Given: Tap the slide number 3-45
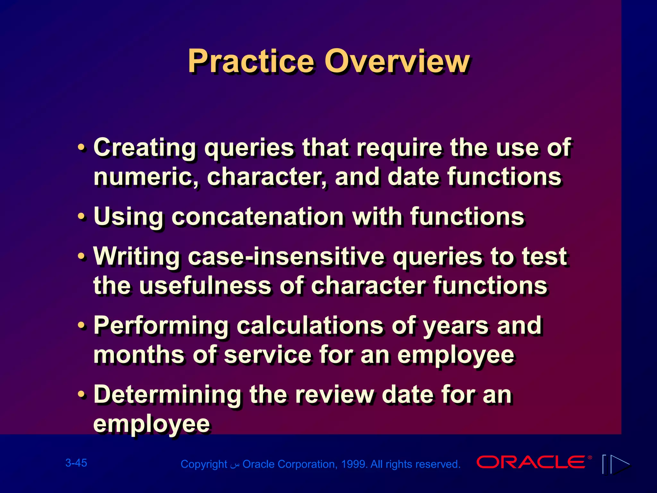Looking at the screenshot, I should pos(76,463).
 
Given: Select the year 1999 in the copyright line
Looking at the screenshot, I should pos(353,464).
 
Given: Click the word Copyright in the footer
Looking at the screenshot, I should pos(204,464).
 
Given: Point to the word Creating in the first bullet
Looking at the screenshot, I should pos(145,148).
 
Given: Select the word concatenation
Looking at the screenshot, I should pos(258,217).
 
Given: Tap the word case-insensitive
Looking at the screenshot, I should pos(286,257).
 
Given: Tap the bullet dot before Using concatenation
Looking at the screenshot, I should pos(82,217).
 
